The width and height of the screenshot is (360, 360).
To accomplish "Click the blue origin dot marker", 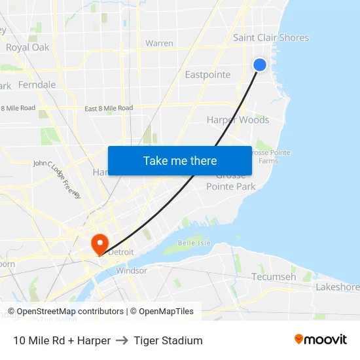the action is tap(260, 65).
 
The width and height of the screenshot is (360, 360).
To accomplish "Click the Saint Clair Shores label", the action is tap(271, 38).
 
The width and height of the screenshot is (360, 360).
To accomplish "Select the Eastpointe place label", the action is tap(207, 75).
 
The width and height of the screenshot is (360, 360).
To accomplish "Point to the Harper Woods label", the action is tap(238, 120).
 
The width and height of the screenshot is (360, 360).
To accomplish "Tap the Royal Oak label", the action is tap(27, 47).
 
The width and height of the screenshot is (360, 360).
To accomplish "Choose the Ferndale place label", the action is tap(37, 85).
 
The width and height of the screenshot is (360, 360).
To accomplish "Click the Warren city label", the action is tap(159, 44).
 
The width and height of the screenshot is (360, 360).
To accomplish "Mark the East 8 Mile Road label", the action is tap(109, 108).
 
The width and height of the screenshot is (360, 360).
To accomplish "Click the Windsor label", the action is tap(131, 270).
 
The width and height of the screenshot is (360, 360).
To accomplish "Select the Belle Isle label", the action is tap(194, 242).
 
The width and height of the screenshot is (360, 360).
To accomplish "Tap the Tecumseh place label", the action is tap(274, 277).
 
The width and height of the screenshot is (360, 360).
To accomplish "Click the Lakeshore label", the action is tap(338, 287).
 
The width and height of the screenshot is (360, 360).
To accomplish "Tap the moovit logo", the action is tap(321, 340).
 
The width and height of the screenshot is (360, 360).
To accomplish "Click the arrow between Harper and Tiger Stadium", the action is tap(122, 340).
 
